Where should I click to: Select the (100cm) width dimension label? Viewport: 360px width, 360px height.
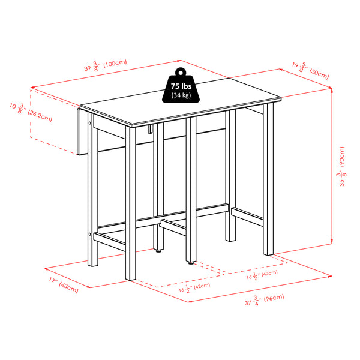(x=113, y=62)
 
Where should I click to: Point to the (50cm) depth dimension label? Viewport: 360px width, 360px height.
(x=319, y=75)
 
